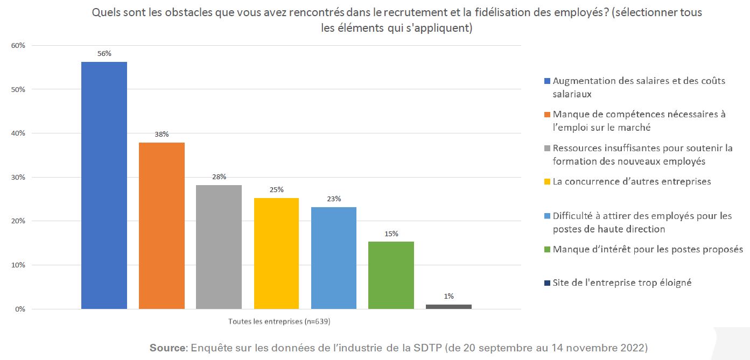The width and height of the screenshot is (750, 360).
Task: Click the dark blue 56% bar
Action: [x=104, y=185]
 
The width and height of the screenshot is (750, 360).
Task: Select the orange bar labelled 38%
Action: [x=162, y=225]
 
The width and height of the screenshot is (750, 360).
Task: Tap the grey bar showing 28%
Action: [x=219, y=247]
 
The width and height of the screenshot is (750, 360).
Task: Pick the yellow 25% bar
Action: [x=276, y=253]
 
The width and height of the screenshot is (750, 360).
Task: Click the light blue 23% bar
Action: [x=333, y=258]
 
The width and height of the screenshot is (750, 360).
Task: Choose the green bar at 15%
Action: [x=391, y=275]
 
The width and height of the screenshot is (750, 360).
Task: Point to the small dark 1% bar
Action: [x=448, y=307]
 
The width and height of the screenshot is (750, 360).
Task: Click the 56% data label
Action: [x=104, y=53]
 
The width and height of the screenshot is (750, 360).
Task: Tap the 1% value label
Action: [x=448, y=296]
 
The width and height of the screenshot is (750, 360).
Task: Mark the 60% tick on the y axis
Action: [x=18, y=46]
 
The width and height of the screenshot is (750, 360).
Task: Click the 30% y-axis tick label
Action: [x=18, y=178]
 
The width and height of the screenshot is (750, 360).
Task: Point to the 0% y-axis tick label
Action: [x=20, y=309]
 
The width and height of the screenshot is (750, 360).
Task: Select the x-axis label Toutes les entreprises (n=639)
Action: [x=279, y=322]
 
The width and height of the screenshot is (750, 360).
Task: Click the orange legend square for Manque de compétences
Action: [x=548, y=115]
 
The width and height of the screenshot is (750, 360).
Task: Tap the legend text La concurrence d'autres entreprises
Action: [x=632, y=181]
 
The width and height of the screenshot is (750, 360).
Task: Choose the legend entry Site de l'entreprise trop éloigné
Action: [x=622, y=283]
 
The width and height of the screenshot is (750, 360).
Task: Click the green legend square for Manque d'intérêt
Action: [x=548, y=250]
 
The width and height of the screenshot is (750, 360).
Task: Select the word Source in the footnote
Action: [x=167, y=347]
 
